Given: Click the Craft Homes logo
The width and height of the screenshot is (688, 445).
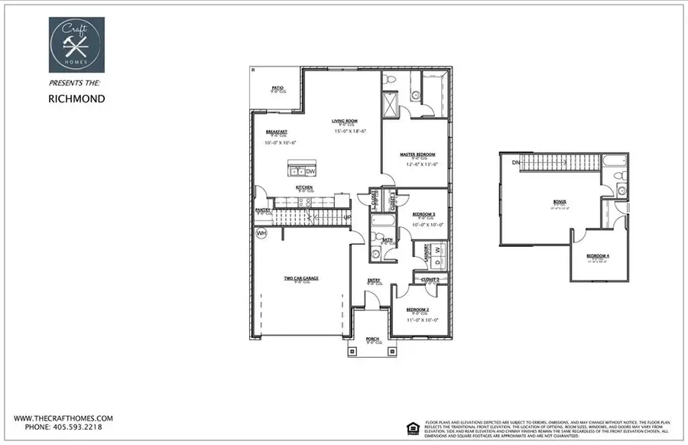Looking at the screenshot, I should coord(76,45).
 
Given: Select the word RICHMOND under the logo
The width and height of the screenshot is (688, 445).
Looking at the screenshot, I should coord(76,99).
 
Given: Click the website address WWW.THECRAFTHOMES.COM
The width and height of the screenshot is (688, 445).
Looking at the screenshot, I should coord(63,418).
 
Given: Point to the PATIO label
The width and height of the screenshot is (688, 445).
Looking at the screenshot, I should coord(277,89).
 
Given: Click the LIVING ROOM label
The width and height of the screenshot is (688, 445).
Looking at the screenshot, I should coord(345,121).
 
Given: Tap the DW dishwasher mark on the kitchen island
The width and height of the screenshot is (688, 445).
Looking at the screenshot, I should coord(310,171).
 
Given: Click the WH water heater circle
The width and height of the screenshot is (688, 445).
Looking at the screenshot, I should coord(261,233).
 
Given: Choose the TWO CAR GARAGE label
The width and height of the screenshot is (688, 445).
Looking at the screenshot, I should coord(301,278).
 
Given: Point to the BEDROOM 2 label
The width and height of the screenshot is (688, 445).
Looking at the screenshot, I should coord(419,308).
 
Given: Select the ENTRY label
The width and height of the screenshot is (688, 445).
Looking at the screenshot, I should coord(374,280).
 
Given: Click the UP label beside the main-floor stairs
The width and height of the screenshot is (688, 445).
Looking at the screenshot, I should coord(346,218).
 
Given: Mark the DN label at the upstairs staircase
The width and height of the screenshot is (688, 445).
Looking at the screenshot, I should coord(515,163).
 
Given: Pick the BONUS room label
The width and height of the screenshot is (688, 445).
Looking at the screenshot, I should coord(560,202).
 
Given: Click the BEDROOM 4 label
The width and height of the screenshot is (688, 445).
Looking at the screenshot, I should coord(597,255).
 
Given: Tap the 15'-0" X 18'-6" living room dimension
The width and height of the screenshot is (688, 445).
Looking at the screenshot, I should coord(350,132).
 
